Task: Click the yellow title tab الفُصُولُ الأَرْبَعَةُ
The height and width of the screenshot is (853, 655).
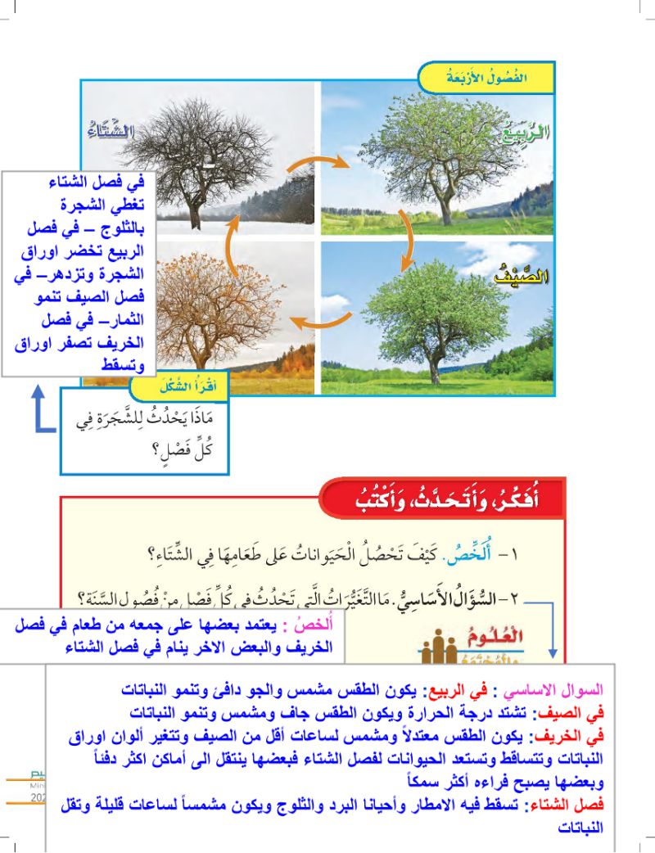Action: [x=486, y=79]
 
